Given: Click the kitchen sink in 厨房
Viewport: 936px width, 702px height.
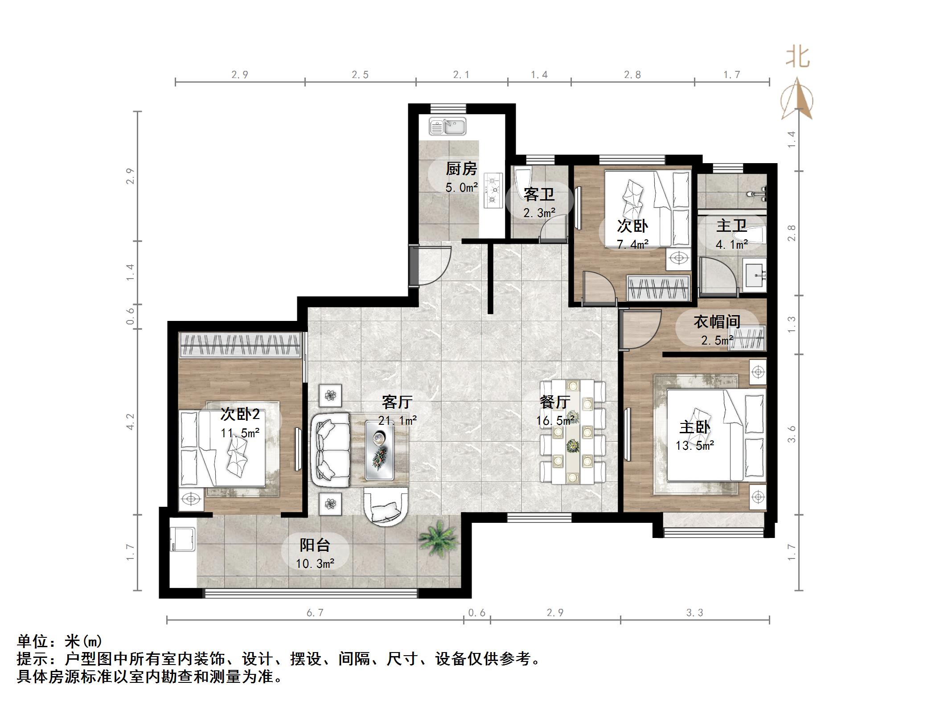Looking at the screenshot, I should pyautogui.click(x=447, y=127).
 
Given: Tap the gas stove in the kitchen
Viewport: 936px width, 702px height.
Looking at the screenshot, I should pyautogui.click(x=493, y=190).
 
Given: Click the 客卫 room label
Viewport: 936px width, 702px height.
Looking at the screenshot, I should pyautogui.click(x=539, y=195).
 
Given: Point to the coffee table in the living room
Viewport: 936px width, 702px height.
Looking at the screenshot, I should pyautogui.click(x=379, y=450).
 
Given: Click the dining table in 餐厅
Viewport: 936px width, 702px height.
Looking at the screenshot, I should pyautogui.click(x=572, y=431).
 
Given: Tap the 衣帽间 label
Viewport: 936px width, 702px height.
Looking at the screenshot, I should pyautogui.click(x=717, y=322).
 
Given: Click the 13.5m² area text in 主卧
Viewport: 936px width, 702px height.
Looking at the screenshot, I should pyautogui.click(x=694, y=445).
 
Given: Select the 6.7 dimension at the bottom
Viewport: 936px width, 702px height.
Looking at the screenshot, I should pyautogui.click(x=315, y=613).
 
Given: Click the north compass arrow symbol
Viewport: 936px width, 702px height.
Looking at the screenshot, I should pyautogui.click(x=796, y=99).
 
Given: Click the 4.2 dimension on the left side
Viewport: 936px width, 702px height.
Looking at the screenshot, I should pyautogui.click(x=130, y=422).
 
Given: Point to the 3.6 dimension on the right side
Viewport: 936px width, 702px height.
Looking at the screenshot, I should pyautogui.click(x=792, y=434).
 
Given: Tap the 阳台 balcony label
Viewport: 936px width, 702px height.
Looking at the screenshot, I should pyautogui.click(x=315, y=545).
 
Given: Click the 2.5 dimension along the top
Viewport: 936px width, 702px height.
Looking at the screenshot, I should pyautogui.click(x=360, y=75).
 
